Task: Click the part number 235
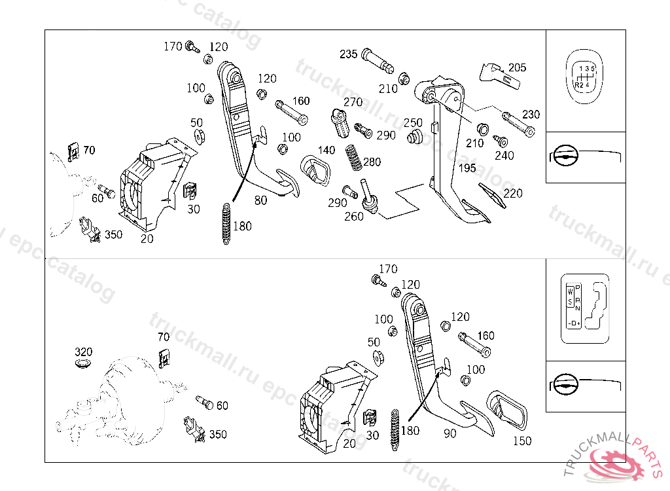348,54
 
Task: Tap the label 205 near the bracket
517,67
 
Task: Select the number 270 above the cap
353,102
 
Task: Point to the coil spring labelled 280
353,159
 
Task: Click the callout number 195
467,168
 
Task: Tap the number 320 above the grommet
84,352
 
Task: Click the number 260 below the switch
353,217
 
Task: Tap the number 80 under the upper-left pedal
260,200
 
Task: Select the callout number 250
413,122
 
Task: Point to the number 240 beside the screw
504,156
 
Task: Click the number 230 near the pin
531,114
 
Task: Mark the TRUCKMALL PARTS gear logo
616,464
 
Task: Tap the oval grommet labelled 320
84,363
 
